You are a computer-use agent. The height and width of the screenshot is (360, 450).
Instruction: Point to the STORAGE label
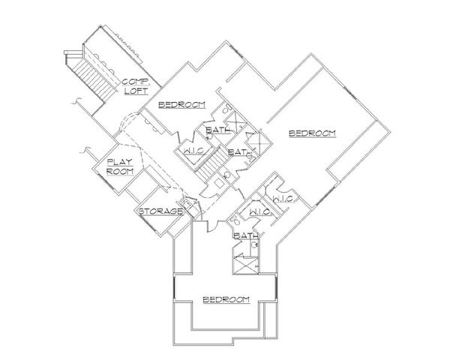pyautogui.click(x=160, y=211)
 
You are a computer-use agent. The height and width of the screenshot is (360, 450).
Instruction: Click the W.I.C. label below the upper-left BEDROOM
pyautogui.click(x=190, y=151)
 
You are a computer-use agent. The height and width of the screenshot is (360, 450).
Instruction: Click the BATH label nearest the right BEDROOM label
pyautogui.click(x=238, y=151)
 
